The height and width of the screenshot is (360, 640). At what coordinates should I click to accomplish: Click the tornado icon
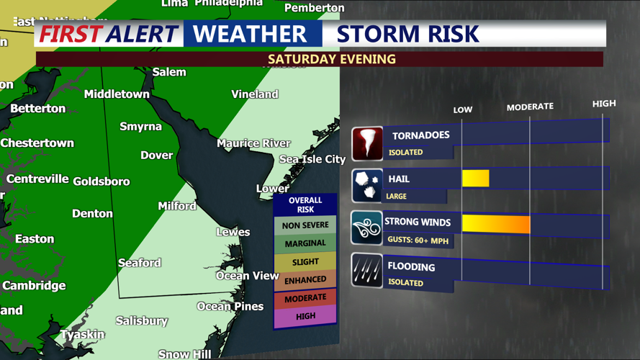tap(367, 143)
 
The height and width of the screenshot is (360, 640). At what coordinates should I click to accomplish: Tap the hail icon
tap(367, 186)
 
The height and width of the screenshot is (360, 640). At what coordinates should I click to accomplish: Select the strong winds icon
tap(367, 228)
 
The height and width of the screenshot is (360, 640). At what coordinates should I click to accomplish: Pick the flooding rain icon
tap(367, 271)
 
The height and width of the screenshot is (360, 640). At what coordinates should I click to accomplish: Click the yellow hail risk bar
tap(475, 178)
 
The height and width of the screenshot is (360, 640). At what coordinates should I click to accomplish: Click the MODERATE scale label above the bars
tap(530, 107)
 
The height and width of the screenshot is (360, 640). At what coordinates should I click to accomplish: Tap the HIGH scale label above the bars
tap(604, 104)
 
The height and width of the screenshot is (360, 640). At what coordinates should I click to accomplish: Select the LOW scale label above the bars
tap(462, 109)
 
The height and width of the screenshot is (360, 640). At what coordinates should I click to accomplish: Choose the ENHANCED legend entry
tap(305, 279)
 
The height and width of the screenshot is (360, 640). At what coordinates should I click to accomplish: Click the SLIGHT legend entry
tap(305, 262)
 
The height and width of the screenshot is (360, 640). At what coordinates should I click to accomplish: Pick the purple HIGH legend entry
tap(305, 315)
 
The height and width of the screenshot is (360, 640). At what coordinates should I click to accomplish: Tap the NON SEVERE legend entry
tap(305, 225)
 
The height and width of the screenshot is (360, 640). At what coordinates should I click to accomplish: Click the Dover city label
tap(156, 155)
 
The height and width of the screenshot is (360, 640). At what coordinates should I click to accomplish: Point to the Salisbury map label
tap(142, 320)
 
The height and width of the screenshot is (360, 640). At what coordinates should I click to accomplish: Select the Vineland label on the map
tap(255, 94)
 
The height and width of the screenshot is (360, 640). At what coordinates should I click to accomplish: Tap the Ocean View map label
tap(248, 276)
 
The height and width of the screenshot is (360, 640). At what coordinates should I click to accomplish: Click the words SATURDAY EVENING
tap(332, 59)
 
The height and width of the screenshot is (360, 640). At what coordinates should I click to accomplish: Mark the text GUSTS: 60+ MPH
tap(418, 240)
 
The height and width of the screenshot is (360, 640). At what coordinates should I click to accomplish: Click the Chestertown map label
tap(37, 143)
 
